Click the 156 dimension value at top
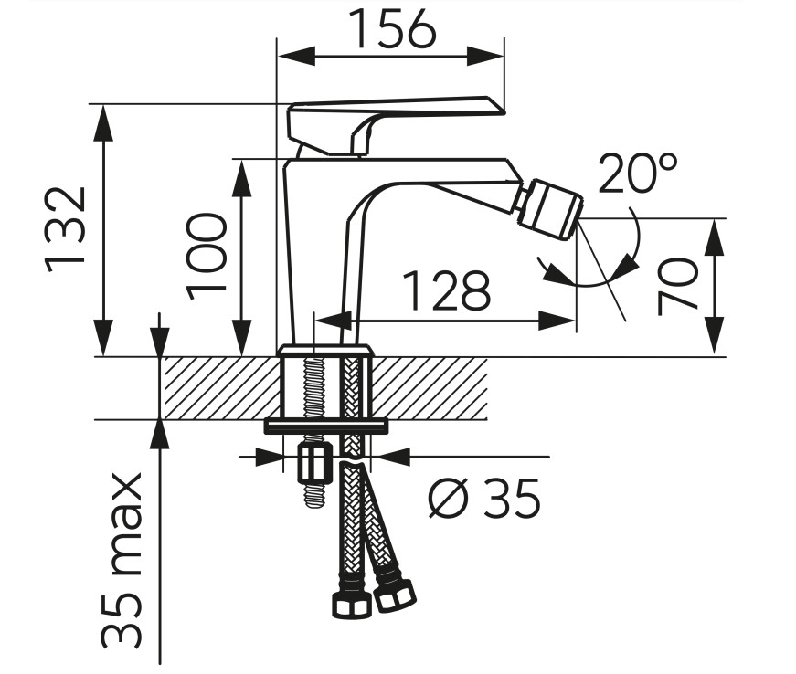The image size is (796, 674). point(394,29)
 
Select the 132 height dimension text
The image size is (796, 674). point(65,231)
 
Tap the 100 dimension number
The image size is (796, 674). point(207,257)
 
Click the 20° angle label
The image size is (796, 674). point(638,173)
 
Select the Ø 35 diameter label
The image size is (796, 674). point(484,498)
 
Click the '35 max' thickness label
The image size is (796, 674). point(121,561)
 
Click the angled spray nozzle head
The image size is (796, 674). point(551,208)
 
